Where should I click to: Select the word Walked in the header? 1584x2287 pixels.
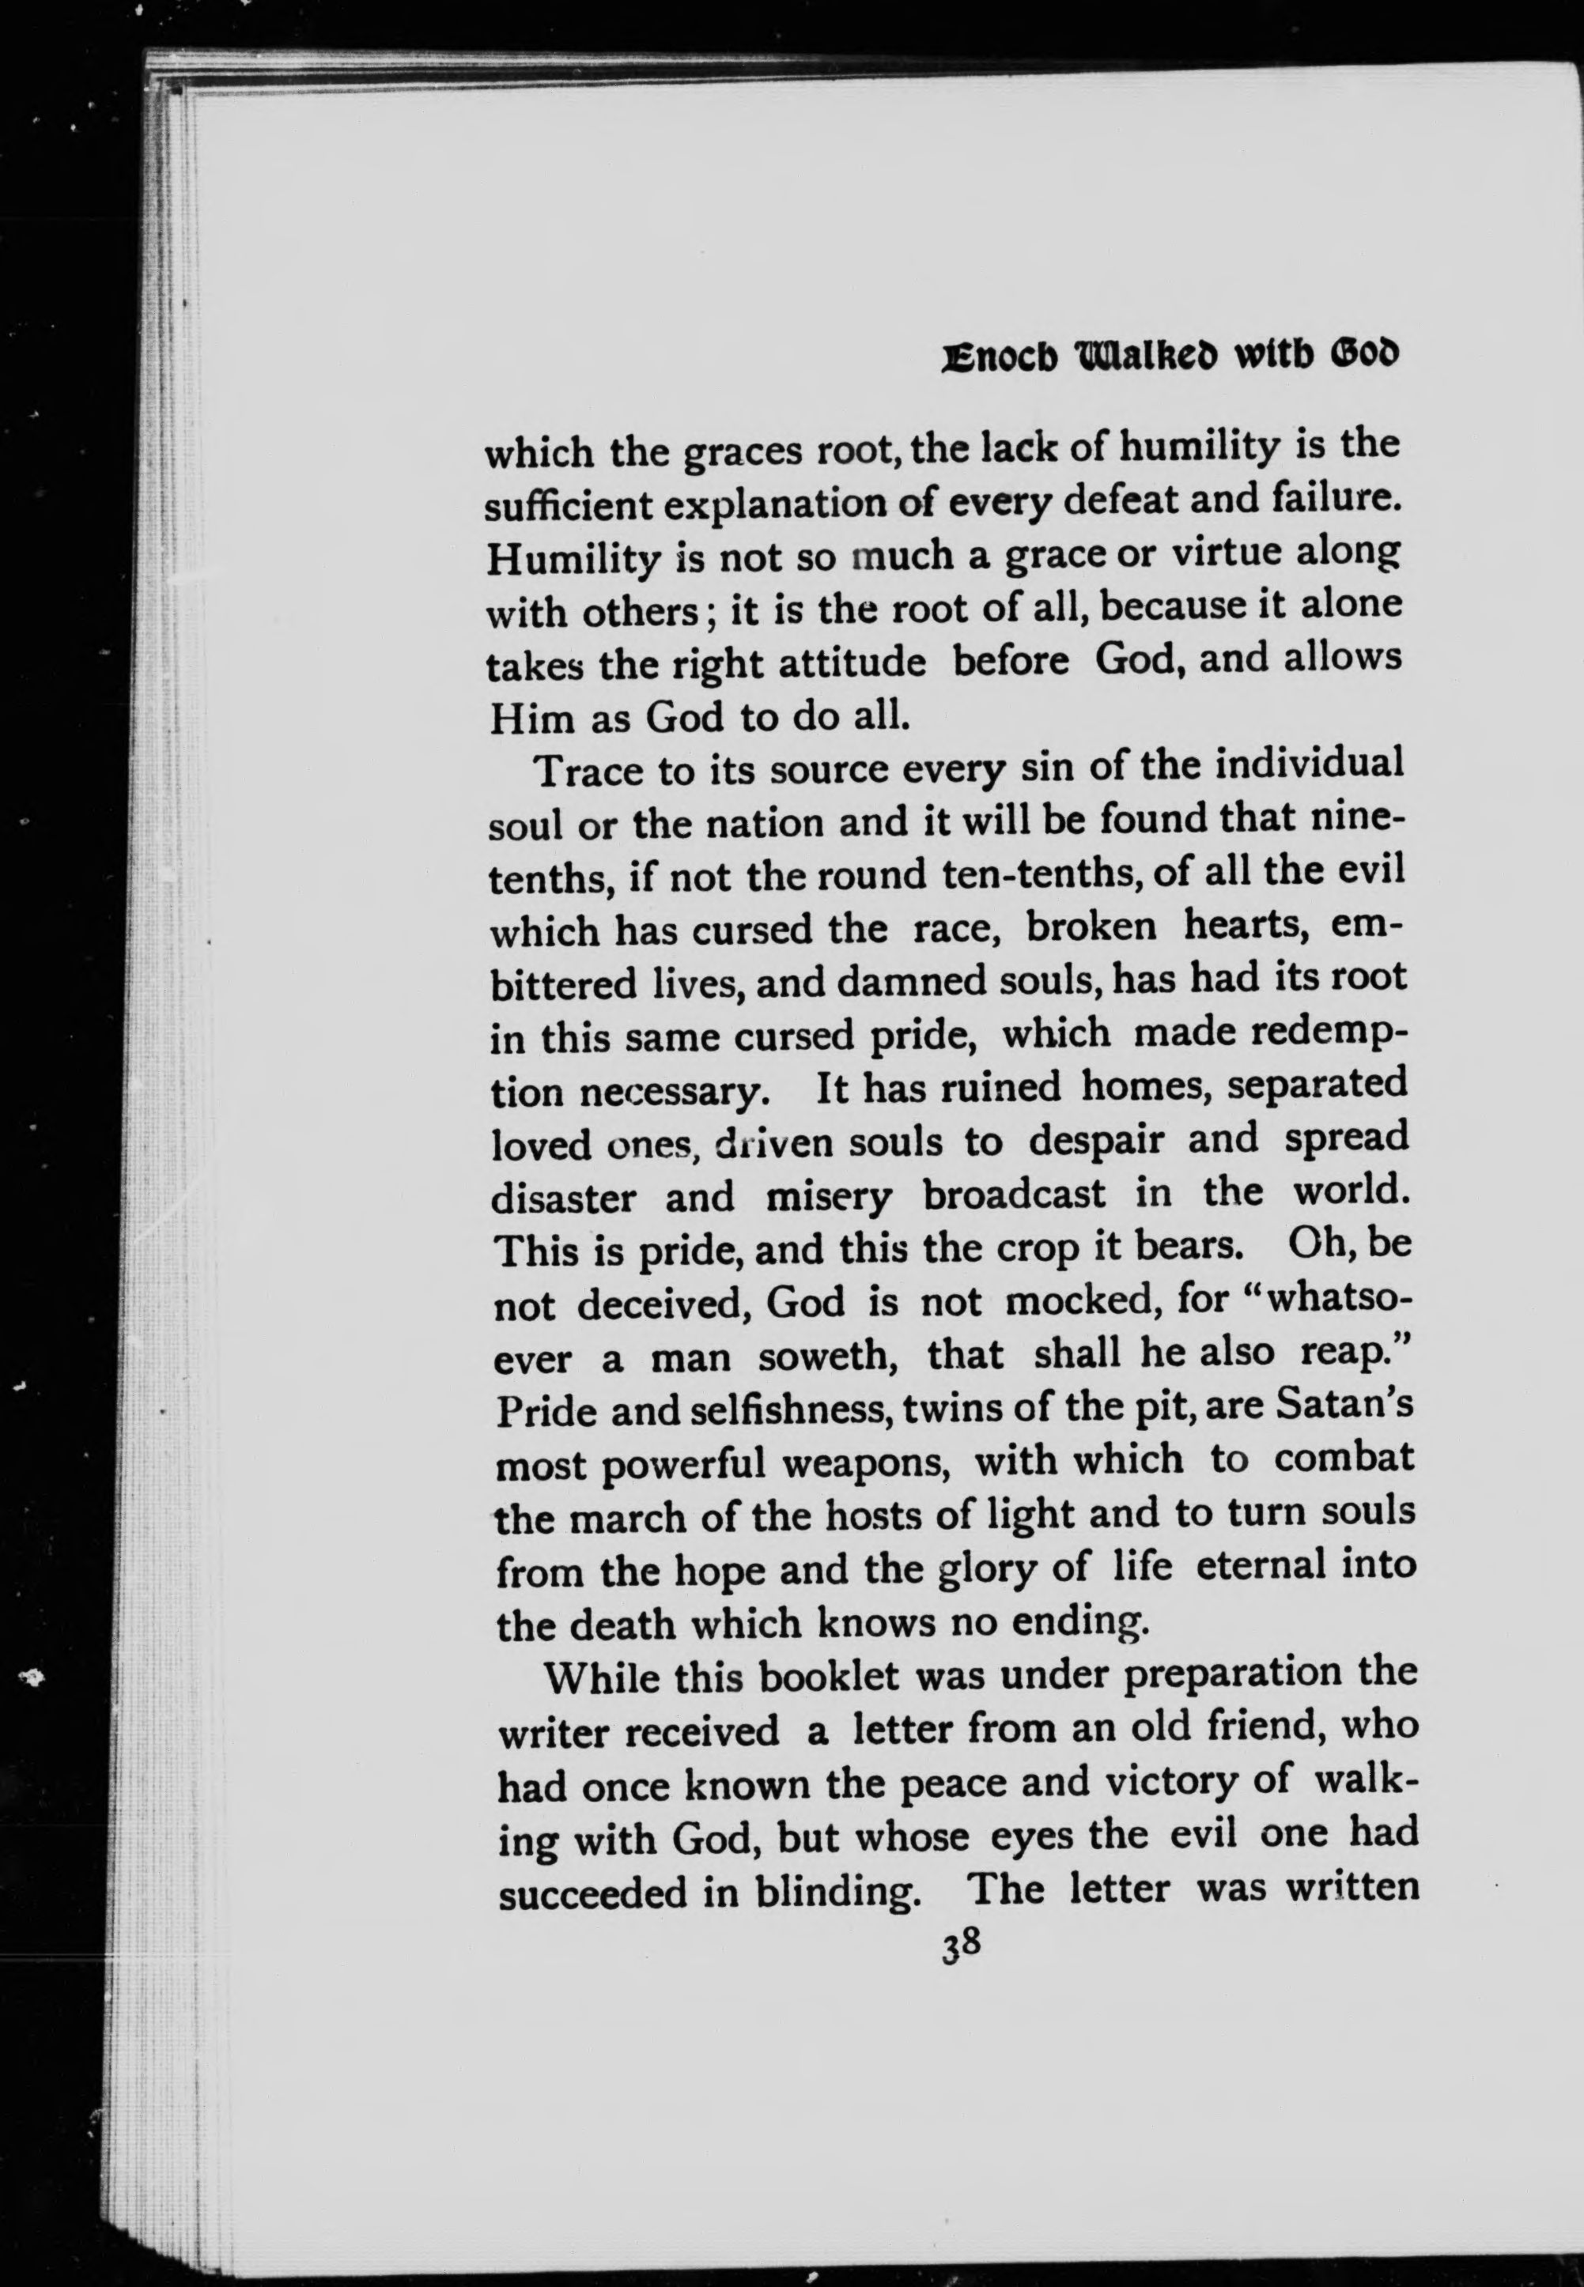tap(1152, 357)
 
